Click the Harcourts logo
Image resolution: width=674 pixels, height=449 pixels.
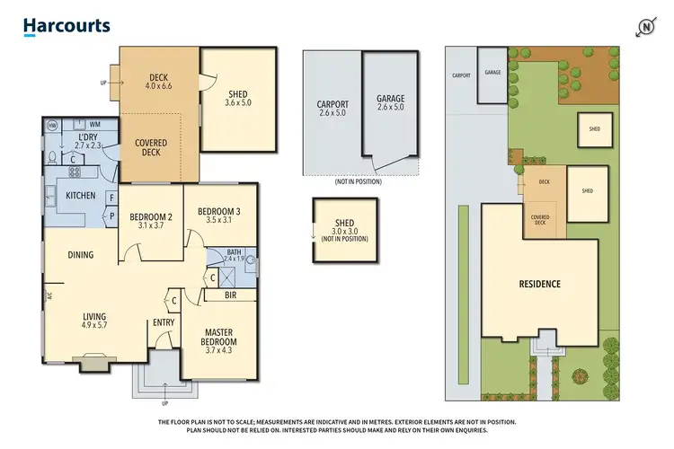pyautogui.click(x=67, y=26)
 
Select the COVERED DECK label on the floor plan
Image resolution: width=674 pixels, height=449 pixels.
pyautogui.click(x=151, y=148)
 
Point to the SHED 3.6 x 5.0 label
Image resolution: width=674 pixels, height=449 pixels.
pyautogui.click(x=237, y=100)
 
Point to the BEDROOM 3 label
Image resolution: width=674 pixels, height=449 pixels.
pyautogui.click(x=218, y=216)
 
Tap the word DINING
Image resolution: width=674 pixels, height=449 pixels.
pyautogui.click(x=80, y=255)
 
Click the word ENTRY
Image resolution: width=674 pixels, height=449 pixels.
pyautogui.click(x=164, y=323)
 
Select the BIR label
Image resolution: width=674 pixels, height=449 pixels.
pyautogui.click(x=231, y=294)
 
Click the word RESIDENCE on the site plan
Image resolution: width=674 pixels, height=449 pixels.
pyautogui.click(x=540, y=284)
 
